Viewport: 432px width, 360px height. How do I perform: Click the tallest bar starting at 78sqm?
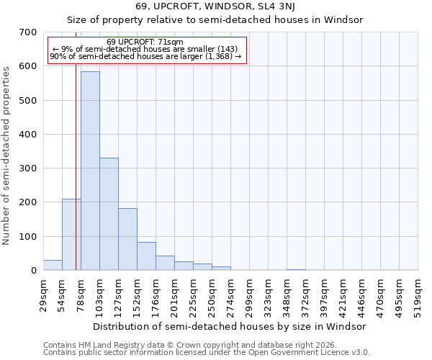coord(90,171)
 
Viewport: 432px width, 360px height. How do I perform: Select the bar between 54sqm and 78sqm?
coord(71,234)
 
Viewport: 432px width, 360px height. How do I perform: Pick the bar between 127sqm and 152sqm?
coord(127,239)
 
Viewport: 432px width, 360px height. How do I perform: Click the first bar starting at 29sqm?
coord(53,265)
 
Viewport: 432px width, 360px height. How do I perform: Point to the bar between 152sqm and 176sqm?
coord(146,256)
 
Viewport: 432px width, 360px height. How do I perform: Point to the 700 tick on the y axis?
coord(28,32)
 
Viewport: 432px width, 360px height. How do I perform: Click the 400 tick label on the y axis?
coord(28,135)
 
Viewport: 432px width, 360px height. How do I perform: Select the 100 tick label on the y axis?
coord(28,237)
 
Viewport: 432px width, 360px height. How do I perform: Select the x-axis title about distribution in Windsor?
coord(230,326)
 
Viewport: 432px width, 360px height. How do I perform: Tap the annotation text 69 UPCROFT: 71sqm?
coord(145,42)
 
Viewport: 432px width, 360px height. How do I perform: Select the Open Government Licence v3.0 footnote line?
coord(207,353)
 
